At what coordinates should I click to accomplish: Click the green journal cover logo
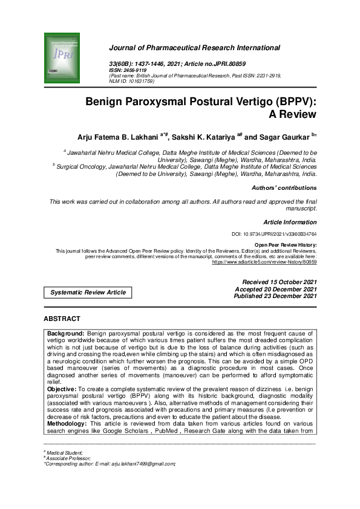[x=62, y=59]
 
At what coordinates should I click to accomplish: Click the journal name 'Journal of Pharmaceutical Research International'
[x=194, y=47]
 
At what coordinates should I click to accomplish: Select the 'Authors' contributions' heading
[x=284, y=188]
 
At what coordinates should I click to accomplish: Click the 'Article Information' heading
[x=290, y=222]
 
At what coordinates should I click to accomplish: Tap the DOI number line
[x=274, y=233]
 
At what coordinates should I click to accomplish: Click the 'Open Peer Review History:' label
[x=286, y=244]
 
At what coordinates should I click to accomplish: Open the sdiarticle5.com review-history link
[x=264, y=263]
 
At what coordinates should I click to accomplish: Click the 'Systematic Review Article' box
[x=88, y=292]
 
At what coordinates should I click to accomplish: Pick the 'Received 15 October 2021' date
[x=280, y=282]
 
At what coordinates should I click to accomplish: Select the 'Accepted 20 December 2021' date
[x=279, y=289]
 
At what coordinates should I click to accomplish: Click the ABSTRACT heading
[x=62, y=319]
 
